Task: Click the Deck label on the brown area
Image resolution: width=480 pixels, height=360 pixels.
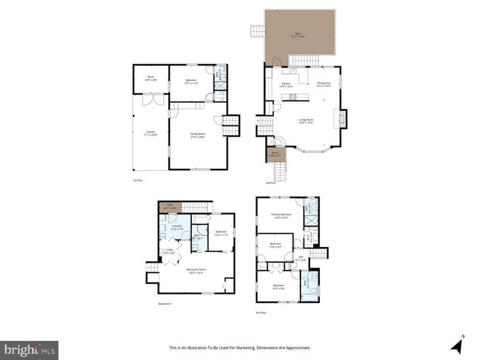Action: (x=298, y=34)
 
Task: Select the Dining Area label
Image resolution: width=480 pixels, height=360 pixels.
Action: (x=323, y=84)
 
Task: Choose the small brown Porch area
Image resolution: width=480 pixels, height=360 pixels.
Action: (x=274, y=155)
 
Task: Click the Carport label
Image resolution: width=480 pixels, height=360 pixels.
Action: (x=150, y=134)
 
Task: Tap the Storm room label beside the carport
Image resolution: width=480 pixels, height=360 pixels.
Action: (x=150, y=77)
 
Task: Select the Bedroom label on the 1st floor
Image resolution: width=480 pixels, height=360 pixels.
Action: (x=191, y=83)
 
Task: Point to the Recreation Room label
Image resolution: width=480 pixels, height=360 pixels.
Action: (x=196, y=271)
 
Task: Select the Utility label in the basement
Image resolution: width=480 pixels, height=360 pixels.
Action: (x=169, y=252)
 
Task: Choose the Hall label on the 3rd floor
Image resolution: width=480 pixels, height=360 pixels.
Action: (x=301, y=260)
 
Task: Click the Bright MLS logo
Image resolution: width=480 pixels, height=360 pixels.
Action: (x=30, y=348)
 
